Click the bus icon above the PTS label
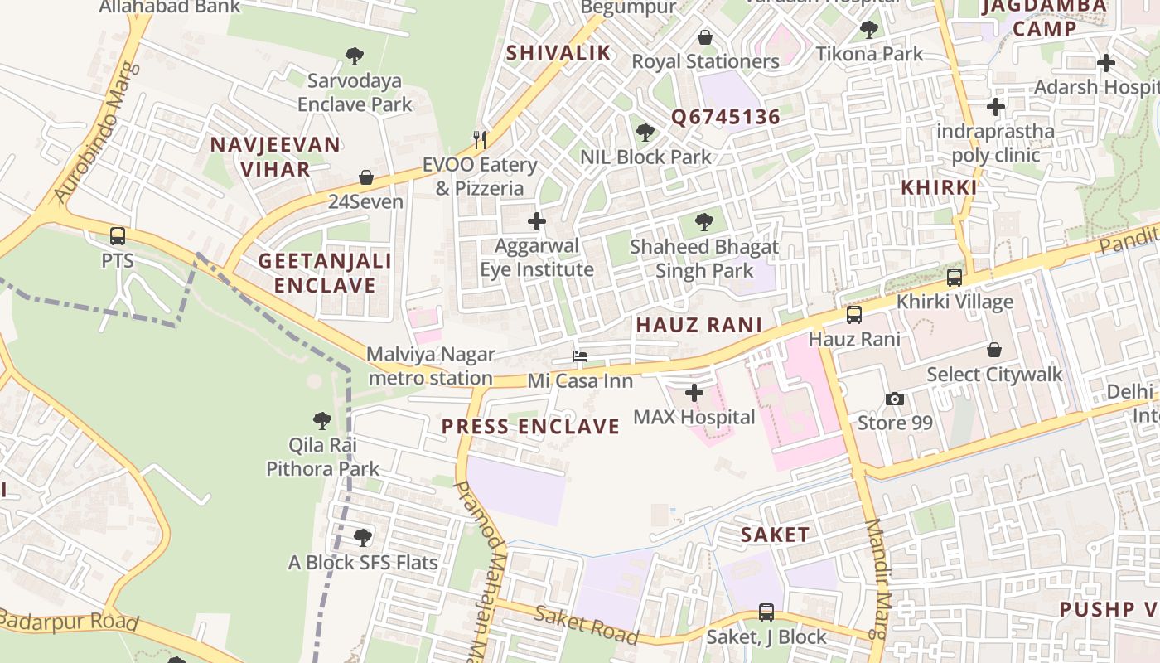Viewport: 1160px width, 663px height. pos(118,236)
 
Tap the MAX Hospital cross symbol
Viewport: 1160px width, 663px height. pos(694,393)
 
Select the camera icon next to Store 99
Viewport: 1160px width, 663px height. pos(895,399)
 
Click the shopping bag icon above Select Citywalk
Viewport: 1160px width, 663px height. pos(994,351)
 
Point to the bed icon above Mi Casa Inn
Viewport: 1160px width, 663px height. pos(580,357)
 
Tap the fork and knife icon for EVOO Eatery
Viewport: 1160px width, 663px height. pos(479,139)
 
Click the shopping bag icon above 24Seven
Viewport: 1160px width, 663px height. pos(365,177)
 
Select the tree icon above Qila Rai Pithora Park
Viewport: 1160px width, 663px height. pos(322,421)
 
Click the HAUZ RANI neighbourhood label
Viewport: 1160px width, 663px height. pos(698,326)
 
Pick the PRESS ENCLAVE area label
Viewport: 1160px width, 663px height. pos(530,427)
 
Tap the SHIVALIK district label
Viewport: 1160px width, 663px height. pos(558,53)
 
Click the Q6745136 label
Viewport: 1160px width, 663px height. pos(726,117)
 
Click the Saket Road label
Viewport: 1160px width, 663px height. pos(586,625)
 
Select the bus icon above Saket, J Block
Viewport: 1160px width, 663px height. pos(766,612)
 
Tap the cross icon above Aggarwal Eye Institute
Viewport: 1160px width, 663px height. pos(537,221)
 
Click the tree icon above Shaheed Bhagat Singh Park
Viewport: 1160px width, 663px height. pos(704,222)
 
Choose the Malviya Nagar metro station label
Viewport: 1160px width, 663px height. pos(430,366)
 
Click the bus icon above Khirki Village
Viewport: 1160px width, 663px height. pos(955,278)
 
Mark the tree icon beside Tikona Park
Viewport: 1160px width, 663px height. pos(868,31)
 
